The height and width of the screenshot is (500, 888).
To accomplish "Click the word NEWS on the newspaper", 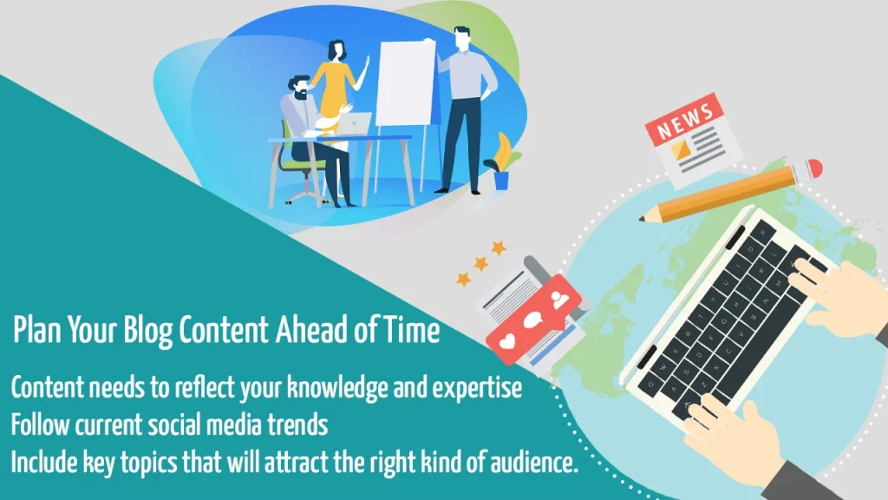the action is click(685, 121).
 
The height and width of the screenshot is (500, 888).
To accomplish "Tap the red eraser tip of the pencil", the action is click(814, 168).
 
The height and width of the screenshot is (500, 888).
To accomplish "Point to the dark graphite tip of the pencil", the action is click(643, 218).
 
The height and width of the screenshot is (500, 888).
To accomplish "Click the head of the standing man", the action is click(462, 38).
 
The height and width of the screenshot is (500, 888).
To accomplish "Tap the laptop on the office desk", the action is click(354, 124).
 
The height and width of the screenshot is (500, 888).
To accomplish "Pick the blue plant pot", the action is click(501, 181).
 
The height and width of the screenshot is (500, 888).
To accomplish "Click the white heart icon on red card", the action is click(506, 341).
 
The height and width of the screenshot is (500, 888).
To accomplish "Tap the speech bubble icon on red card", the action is click(533, 320).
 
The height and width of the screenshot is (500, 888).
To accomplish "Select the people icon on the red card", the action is click(559, 299).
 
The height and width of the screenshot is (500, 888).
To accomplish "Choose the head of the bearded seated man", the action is click(300, 89).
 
